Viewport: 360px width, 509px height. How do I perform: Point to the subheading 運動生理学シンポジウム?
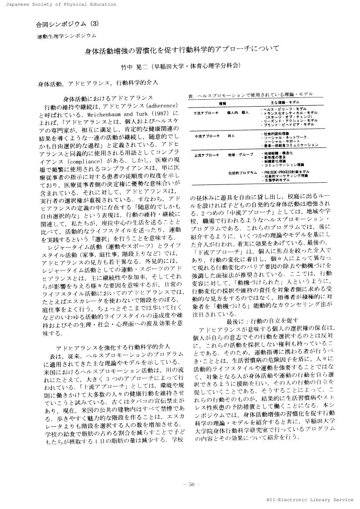pos(66,37)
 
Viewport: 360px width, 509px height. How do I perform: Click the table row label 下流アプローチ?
pos(206,113)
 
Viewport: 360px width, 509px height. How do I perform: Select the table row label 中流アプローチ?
pos(206,136)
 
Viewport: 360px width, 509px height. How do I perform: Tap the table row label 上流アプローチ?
pos(206,155)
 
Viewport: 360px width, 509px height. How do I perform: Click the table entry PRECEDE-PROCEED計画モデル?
pos(287,171)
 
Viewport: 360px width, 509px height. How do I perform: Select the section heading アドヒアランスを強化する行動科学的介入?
pos(113,347)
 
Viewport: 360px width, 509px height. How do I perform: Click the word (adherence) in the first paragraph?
pos(160,106)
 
